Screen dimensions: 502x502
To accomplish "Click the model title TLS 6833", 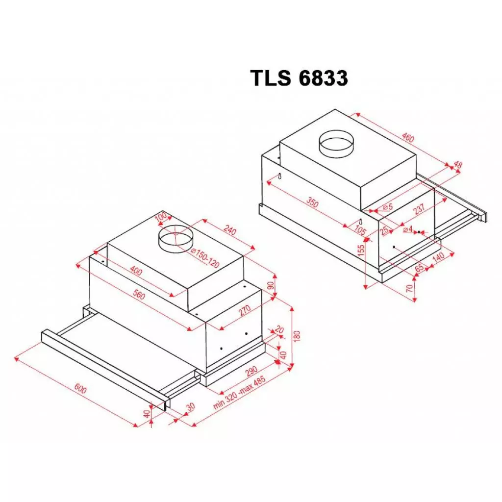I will tap(299, 78).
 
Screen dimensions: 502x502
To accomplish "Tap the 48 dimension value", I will tap(458, 166).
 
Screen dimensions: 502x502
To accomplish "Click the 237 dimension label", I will tap(420, 210).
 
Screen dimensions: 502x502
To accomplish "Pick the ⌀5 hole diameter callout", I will tap(388, 207).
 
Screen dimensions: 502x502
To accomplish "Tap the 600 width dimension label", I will tap(81, 390).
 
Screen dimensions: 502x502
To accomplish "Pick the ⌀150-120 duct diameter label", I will tap(204, 258).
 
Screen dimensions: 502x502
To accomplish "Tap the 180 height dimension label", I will tap(297, 336).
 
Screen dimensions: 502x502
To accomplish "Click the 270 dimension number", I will tap(245, 309).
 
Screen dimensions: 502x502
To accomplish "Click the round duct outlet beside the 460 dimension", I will tap(337, 142).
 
